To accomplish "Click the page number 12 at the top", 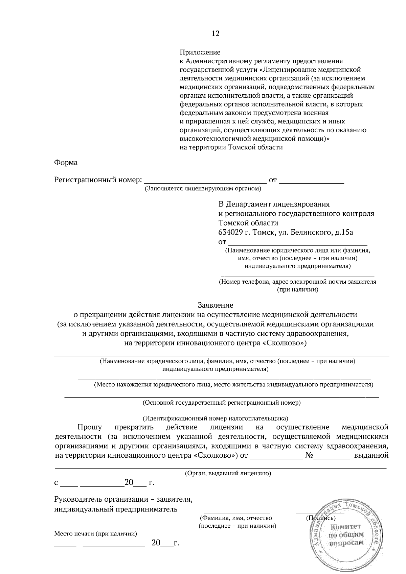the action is (x=216, y=33).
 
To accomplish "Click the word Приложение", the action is (x=200, y=52).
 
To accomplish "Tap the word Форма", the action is (x=66, y=163).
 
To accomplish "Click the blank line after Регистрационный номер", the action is (x=205, y=181).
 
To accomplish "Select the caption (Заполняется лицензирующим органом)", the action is (x=203, y=189).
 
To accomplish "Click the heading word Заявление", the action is (x=216, y=305).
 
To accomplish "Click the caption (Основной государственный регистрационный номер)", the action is (x=222, y=403).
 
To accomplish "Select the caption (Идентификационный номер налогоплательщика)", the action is (x=215, y=418).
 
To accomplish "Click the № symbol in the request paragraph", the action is (x=310, y=455).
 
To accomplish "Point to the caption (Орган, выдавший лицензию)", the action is (x=228, y=474).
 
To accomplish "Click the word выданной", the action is (x=371, y=455).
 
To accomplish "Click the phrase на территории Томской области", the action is (x=231, y=147).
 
